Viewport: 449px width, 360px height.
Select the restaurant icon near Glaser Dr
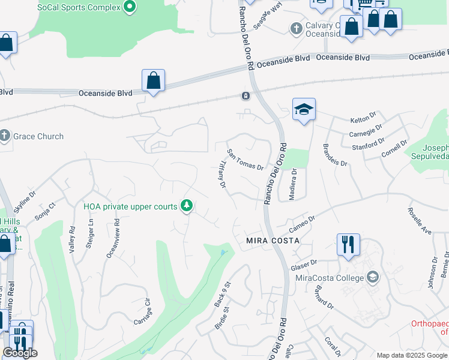coord(348,244)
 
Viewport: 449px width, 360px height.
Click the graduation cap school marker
coord(304,109)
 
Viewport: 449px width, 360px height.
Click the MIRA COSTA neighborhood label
coord(272,240)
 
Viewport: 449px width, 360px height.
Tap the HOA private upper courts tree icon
coord(187,206)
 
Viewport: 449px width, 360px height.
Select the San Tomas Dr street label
coord(245,159)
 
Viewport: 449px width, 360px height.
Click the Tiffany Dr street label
coord(221,175)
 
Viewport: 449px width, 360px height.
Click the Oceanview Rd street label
coord(112,238)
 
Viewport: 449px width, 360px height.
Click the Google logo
coord(20,353)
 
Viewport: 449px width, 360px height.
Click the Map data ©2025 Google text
coord(411,355)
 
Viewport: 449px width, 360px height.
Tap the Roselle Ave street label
coord(419,221)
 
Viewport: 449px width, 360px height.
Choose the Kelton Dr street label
coord(363,117)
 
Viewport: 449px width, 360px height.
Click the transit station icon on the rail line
coord(246,96)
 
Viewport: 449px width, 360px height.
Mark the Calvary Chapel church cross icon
coord(296,28)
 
